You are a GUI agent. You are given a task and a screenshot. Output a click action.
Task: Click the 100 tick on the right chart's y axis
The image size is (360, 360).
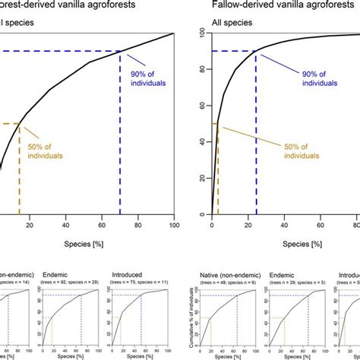click(x=201, y=33)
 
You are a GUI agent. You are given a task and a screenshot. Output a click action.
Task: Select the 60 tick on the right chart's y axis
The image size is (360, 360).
click(x=201, y=106)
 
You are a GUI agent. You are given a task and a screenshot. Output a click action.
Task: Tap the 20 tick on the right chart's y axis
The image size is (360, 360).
click(x=201, y=179)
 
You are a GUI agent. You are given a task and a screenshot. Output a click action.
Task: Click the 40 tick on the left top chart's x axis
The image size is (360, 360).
click(x=66, y=226)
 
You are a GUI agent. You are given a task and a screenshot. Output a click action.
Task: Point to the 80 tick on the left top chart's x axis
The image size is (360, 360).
click(x=138, y=226)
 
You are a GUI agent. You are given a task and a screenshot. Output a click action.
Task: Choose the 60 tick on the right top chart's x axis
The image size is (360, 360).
click(x=321, y=226)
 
